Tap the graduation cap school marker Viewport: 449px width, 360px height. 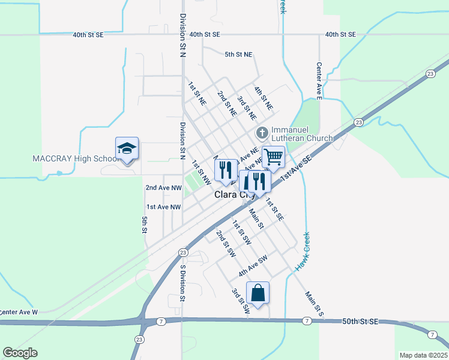click(x=127, y=148)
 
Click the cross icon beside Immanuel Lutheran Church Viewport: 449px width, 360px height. click(x=261, y=133)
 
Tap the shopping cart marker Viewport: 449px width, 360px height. click(x=273, y=157)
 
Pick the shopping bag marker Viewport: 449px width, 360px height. click(x=258, y=293)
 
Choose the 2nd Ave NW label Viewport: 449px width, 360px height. click(x=163, y=188)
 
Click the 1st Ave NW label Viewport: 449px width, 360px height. click(x=163, y=207)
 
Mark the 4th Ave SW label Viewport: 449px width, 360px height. click(x=252, y=265)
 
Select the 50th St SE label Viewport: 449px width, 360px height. click(x=360, y=322)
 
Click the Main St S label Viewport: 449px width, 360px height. click(x=313, y=304)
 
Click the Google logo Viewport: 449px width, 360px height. click(x=20, y=353)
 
